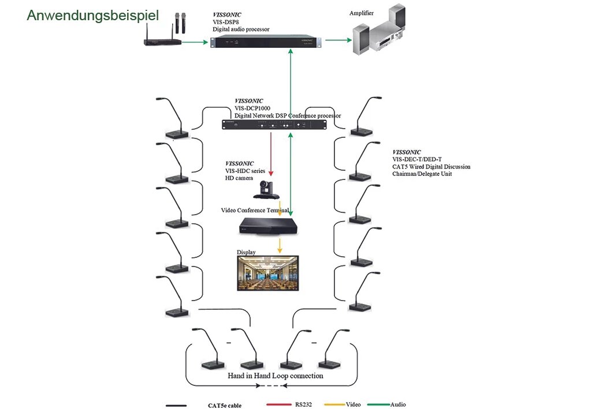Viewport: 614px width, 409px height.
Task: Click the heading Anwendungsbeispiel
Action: click(x=93, y=16)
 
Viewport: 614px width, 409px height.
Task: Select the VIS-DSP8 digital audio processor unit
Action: click(x=266, y=41)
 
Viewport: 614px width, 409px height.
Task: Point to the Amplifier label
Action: click(x=361, y=13)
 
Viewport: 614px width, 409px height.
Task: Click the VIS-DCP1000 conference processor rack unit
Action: click(x=274, y=125)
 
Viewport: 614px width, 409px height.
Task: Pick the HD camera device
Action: click(x=266, y=190)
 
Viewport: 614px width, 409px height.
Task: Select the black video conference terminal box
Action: click(x=268, y=227)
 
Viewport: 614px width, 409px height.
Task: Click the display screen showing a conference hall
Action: click(x=268, y=273)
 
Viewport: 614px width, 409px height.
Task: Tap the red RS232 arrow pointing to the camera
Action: click(x=270, y=154)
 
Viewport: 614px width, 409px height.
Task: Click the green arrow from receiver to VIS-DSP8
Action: click(x=195, y=42)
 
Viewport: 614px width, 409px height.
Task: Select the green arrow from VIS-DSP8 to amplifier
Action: click(x=338, y=40)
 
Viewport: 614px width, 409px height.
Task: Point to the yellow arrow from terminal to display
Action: click(x=280, y=245)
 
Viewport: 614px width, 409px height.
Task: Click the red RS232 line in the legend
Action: click(x=279, y=404)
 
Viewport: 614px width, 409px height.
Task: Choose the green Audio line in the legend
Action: click(x=378, y=404)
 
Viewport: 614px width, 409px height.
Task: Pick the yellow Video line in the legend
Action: click(x=335, y=404)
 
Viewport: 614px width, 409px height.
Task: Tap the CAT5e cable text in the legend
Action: click(x=225, y=406)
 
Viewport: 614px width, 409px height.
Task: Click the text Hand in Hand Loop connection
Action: click(x=276, y=376)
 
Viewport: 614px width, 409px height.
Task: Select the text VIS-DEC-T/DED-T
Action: click(x=416, y=159)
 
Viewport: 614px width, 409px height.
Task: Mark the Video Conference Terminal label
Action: click(x=255, y=210)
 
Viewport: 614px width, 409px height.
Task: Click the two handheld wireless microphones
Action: click(x=180, y=23)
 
